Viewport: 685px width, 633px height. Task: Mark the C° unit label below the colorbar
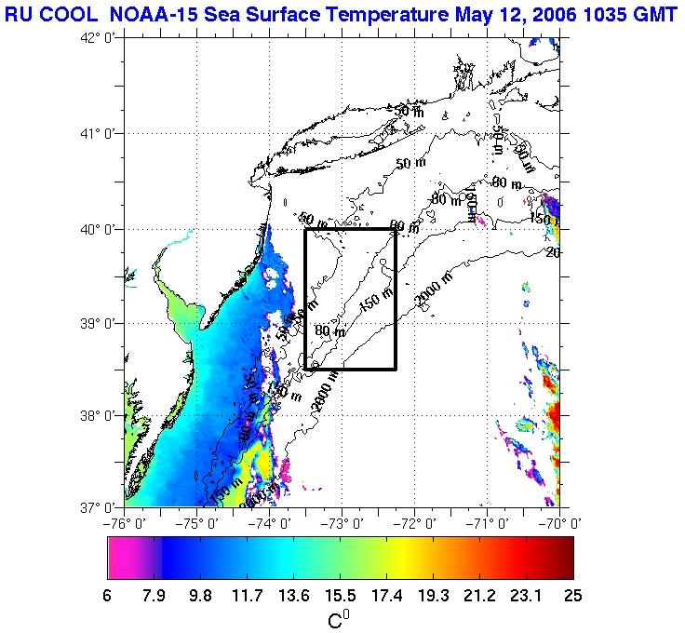339,617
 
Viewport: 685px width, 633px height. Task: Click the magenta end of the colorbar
121,559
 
